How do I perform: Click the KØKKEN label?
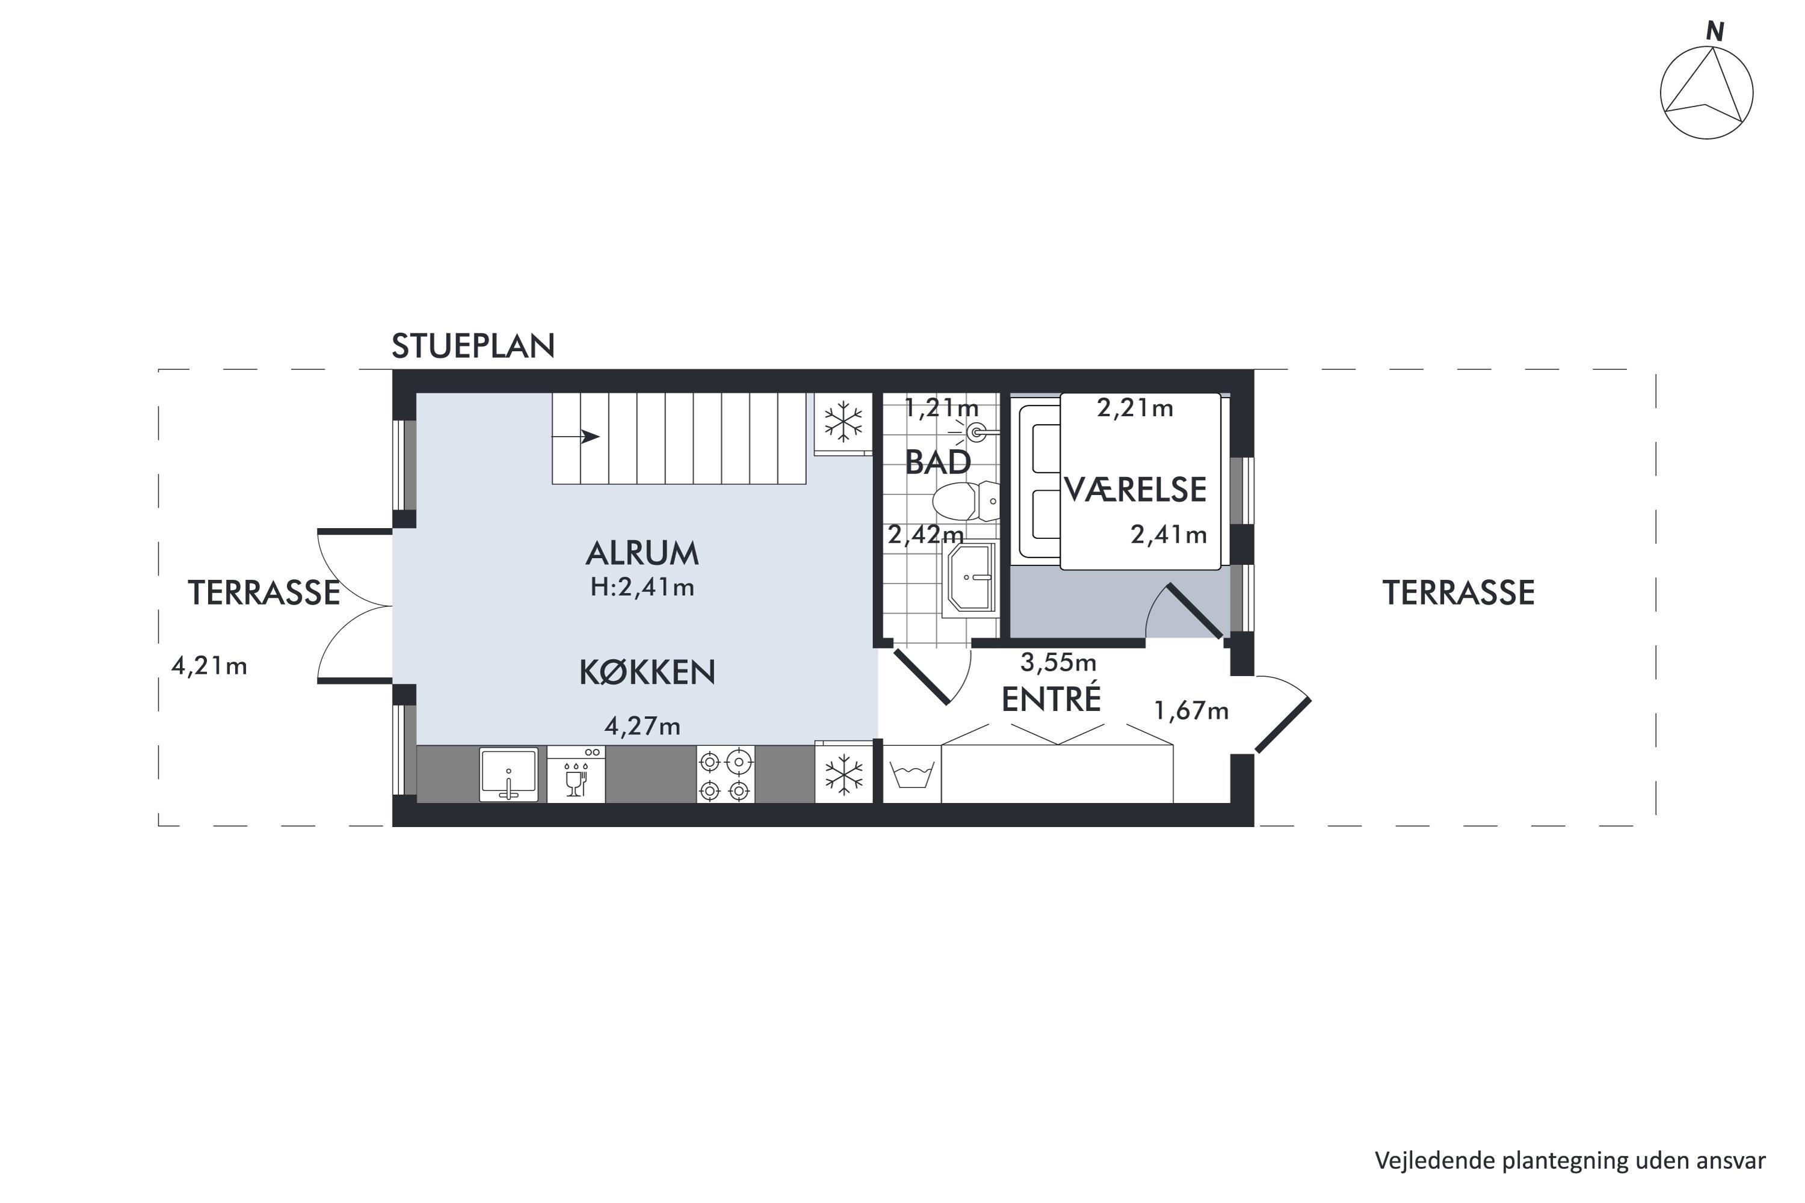click(x=647, y=672)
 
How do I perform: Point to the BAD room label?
click(x=938, y=463)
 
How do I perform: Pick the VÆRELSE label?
click(x=1135, y=490)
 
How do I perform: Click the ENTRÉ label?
click(x=1051, y=698)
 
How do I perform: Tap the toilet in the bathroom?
click(x=966, y=501)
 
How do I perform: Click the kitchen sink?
click(x=508, y=775)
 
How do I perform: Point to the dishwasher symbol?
click(x=576, y=775)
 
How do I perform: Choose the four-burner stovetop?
click(x=725, y=775)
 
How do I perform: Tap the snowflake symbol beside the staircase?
click(x=844, y=423)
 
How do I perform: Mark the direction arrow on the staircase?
click(x=576, y=437)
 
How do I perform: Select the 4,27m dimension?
click(x=643, y=726)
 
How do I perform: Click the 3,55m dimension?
click(x=1058, y=661)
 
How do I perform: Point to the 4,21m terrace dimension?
click(x=209, y=666)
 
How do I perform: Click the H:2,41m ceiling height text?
click(x=643, y=588)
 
